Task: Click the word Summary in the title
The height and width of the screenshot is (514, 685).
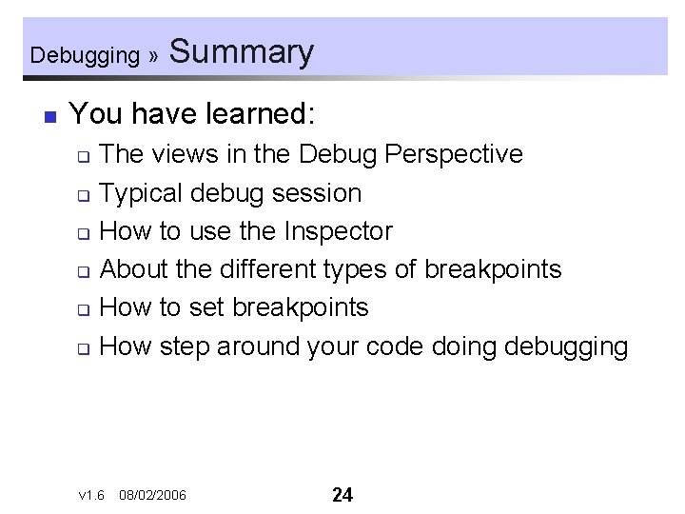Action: (241, 51)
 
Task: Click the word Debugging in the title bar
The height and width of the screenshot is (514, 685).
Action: (85, 55)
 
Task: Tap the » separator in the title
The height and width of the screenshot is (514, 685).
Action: (153, 56)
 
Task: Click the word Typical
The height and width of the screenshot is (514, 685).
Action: (141, 193)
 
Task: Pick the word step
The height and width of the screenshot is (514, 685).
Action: (185, 346)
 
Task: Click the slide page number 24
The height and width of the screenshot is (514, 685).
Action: (342, 494)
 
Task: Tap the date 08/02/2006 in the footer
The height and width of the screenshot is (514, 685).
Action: (153, 495)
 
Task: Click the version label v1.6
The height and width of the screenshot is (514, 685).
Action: (91, 495)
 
